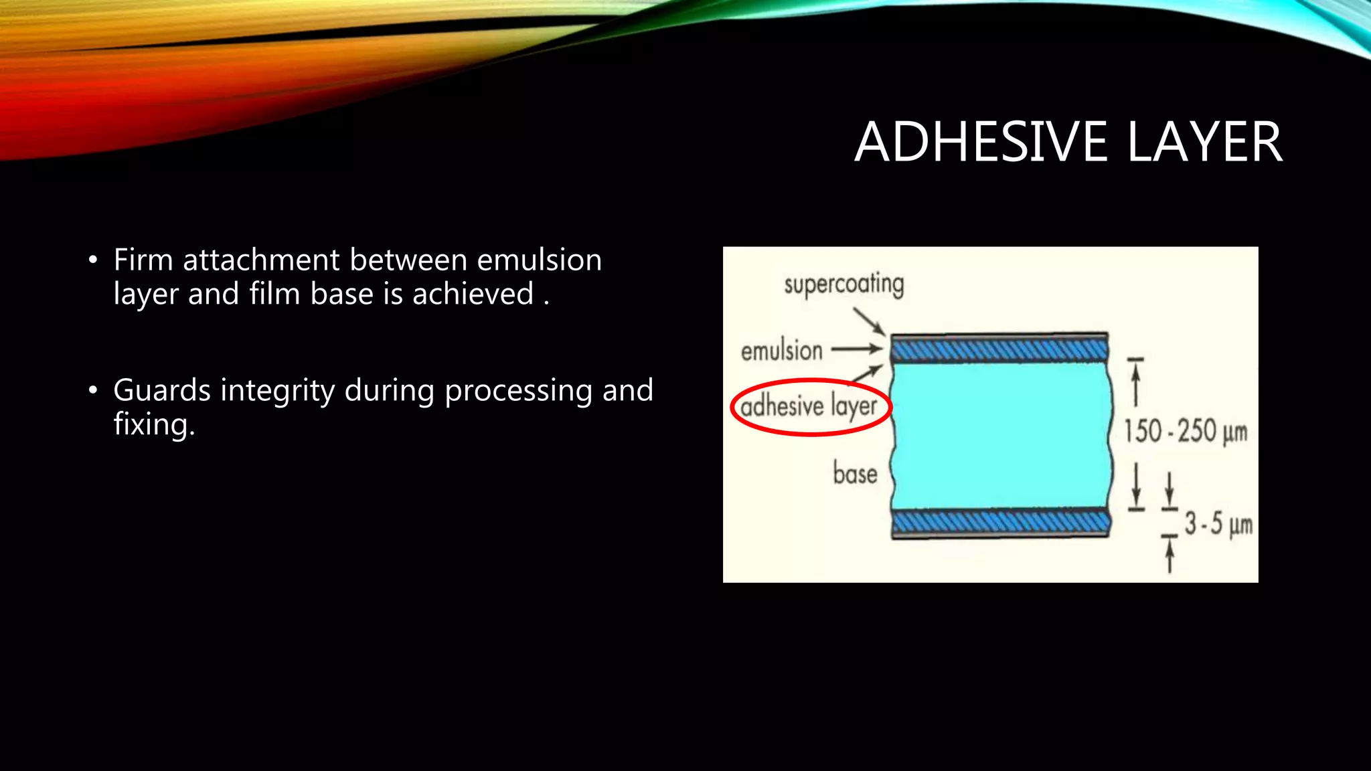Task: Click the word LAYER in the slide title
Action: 1204,142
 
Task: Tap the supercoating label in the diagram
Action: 843,285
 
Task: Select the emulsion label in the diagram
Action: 781,351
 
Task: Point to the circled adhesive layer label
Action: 809,406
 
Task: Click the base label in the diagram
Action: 855,473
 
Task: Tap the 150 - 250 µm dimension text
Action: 1185,431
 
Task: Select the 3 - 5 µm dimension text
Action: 1218,523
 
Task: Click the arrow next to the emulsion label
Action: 857,349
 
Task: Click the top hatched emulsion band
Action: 999,349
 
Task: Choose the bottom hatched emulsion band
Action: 1001,521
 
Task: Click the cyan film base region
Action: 1001,435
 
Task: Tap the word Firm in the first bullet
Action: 143,260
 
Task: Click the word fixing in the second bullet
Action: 153,425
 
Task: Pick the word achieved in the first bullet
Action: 473,294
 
